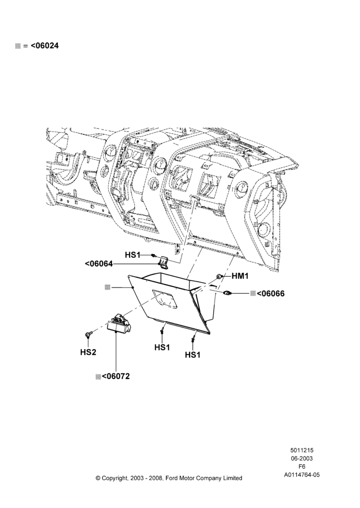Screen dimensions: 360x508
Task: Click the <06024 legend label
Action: pos(45,46)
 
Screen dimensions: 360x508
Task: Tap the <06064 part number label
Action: pos(99,264)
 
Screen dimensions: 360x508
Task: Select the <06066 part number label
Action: pos(271,294)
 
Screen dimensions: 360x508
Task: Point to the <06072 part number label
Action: pos(115,376)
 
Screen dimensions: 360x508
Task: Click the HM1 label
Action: pos(239,276)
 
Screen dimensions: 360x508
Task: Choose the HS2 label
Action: pos(88,352)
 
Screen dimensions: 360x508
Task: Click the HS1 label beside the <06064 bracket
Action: pos(132,255)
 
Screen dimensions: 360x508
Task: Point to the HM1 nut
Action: pos(219,276)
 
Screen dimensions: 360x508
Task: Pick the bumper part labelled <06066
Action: pos(227,293)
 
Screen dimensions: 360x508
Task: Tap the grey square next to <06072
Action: pos(98,377)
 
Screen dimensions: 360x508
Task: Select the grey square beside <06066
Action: pos(253,294)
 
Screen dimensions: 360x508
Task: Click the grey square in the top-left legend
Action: pos(18,46)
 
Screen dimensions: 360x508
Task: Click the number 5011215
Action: pos(302,450)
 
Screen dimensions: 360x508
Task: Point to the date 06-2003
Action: pos(302,458)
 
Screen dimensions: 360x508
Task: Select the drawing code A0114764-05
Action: pos(302,475)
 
